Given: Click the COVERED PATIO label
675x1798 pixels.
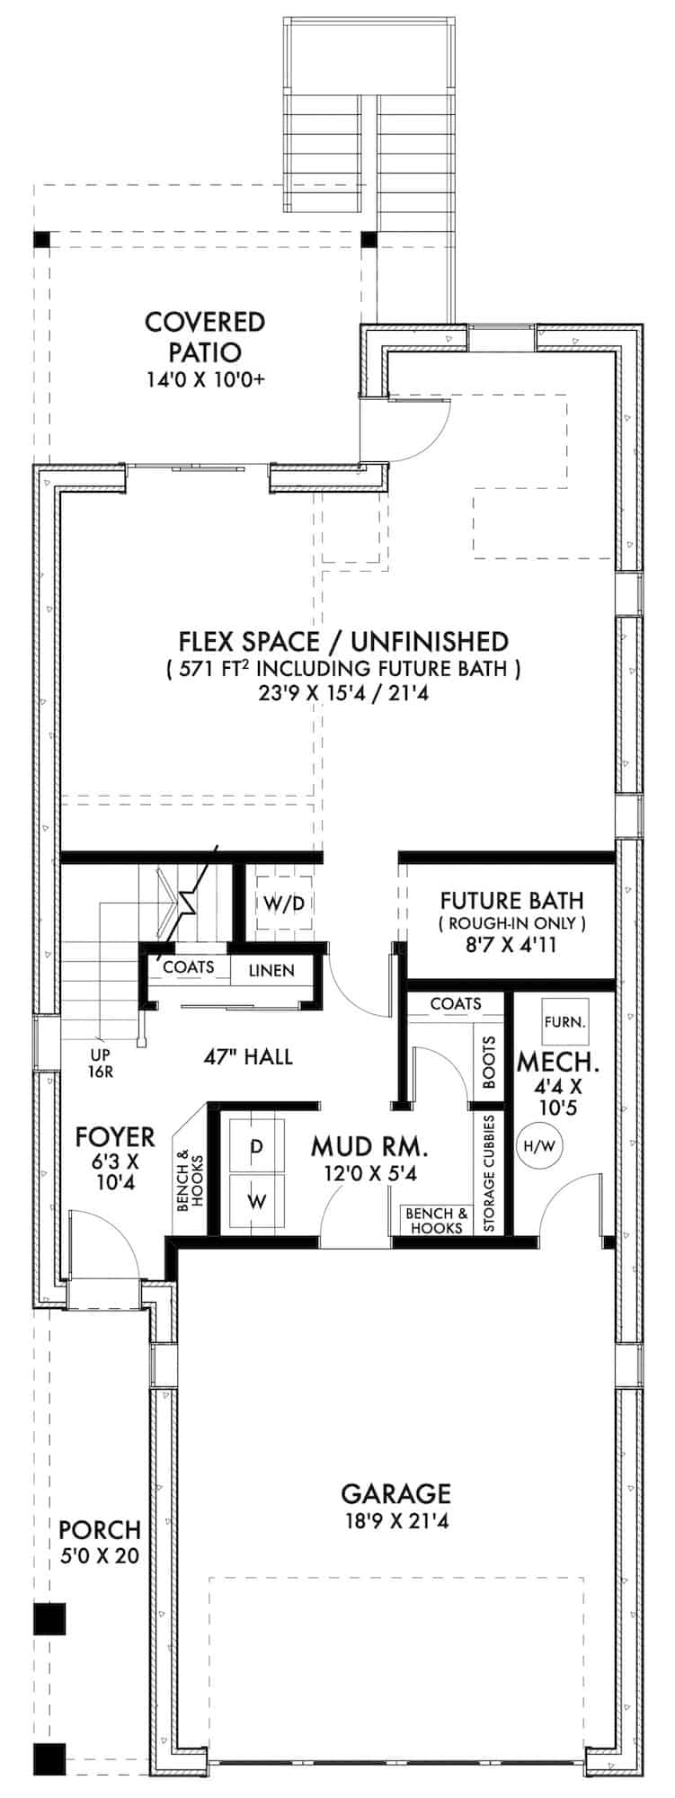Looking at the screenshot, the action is coord(205,335).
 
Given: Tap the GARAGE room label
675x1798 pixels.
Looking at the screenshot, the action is coord(395,1494).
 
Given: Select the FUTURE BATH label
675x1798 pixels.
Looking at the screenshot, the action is coord(511,900).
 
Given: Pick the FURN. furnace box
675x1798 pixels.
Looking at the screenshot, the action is coord(565,1021).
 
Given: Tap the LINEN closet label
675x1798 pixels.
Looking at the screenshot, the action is coord(271,971).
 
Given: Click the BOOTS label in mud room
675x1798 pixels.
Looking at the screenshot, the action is coord(489,1064).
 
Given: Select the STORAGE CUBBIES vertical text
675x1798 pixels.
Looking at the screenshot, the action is coord(489,1174).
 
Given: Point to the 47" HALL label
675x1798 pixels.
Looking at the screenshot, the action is coord(248,1056).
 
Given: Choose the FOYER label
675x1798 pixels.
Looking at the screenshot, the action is coord(115,1137).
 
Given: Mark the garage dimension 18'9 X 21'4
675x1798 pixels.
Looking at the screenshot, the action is coord(395,1522).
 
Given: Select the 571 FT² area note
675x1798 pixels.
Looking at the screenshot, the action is coord(343,669).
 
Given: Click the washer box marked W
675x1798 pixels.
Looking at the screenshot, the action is coord(256,1201).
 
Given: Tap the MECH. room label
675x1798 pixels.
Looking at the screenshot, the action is coord(558,1063).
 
